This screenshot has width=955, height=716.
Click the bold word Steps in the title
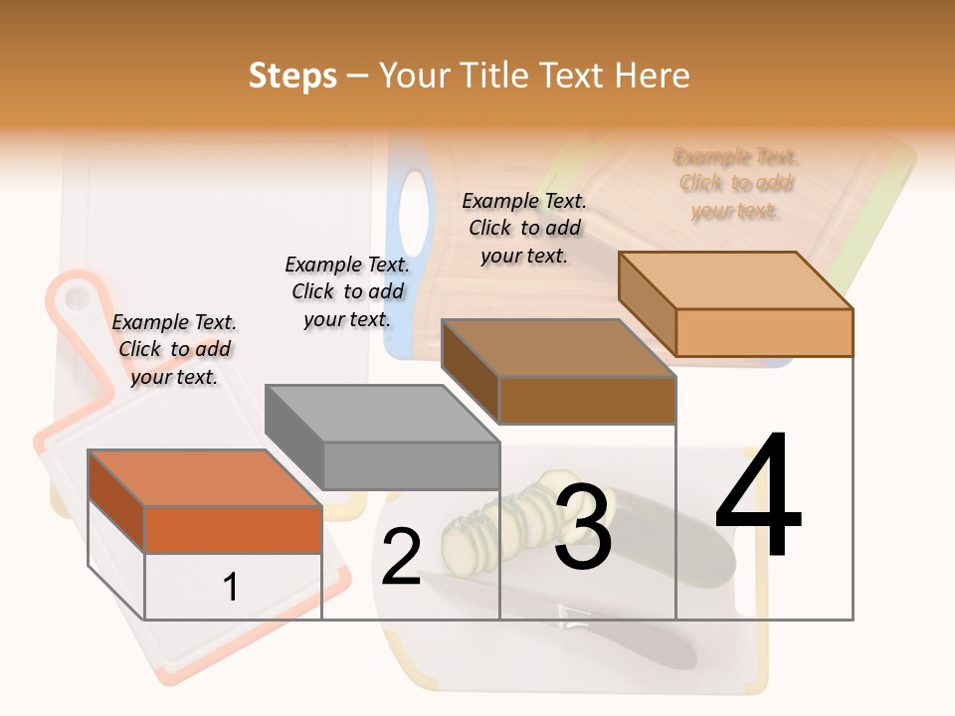(x=292, y=76)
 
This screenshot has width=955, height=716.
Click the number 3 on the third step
(x=583, y=527)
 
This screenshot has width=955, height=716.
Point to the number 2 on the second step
(x=401, y=558)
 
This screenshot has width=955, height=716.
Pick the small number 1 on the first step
(x=231, y=587)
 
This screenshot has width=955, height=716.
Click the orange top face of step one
(x=204, y=477)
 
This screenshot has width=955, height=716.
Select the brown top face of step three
(x=557, y=348)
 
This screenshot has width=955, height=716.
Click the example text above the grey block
(x=347, y=291)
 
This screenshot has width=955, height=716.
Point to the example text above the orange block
(x=174, y=349)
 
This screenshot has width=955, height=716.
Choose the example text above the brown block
(x=524, y=228)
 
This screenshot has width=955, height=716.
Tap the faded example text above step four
(x=735, y=183)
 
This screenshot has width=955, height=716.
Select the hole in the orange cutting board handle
(x=76, y=297)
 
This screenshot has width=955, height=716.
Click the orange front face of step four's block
(x=764, y=332)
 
